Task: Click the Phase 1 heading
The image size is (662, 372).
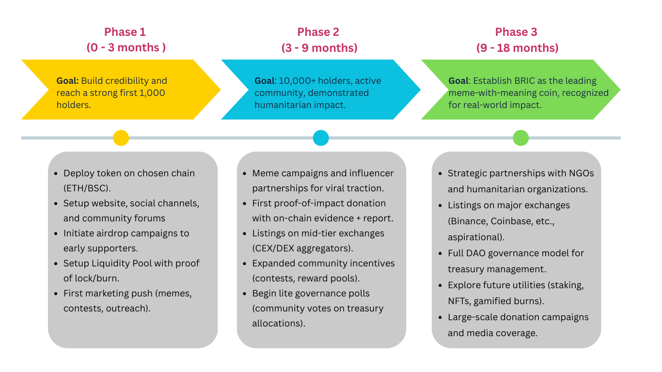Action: pos(125,32)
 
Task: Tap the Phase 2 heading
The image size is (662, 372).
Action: pos(318,32)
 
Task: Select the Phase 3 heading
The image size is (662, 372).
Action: pos(516,32)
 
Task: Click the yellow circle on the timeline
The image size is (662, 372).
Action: pos(121,138)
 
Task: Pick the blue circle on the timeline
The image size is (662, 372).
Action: pos(321,138)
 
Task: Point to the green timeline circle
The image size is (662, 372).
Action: pos(520,138)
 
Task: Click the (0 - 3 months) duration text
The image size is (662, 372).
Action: pos(126,47)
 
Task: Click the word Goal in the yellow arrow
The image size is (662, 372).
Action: pos(67,81)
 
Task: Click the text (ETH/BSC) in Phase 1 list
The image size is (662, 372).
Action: pos(87,188)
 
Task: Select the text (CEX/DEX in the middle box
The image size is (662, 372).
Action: pos(271,248)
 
